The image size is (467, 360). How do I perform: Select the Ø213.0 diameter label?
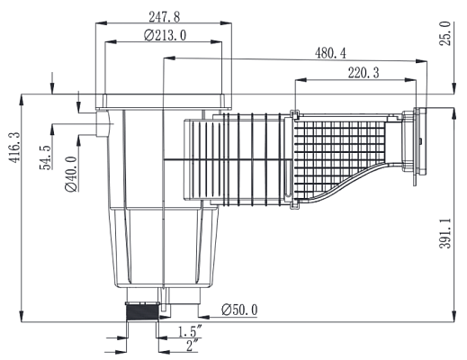point(165,36)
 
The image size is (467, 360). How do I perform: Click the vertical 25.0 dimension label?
point(445,37)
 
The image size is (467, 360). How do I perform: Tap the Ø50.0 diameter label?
point(238,310)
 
